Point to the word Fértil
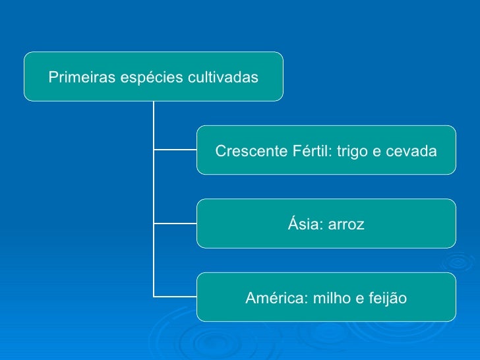(x=312, y=152)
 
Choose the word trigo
(x=353, y=152)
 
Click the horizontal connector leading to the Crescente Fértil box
(x=175, y=150)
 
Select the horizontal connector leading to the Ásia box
(x=175, y=223)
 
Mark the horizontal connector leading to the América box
(x=175, y=296)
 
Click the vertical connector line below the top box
(x=153, y=185)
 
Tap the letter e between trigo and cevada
(x=377, y=152)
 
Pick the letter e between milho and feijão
(x=360, y=299)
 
